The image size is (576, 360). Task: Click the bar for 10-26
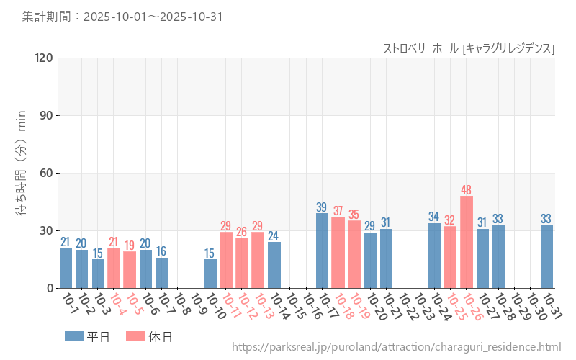pos(467,242)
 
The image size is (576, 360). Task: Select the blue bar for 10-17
pos(322,251)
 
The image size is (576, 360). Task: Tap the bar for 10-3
pos(98,274)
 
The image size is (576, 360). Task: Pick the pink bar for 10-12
pos(242,263)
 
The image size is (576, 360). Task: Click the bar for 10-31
pos(546,256)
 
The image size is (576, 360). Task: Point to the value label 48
pos(467,190)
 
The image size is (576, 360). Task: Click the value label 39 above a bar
pos(322,207)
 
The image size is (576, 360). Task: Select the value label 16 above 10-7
pos(162,251)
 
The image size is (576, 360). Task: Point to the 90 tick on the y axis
pos(46,115)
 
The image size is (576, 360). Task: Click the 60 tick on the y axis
pos(46,173)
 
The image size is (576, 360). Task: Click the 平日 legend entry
pos(87,336)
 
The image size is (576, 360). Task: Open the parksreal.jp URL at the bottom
pos(396,347)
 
